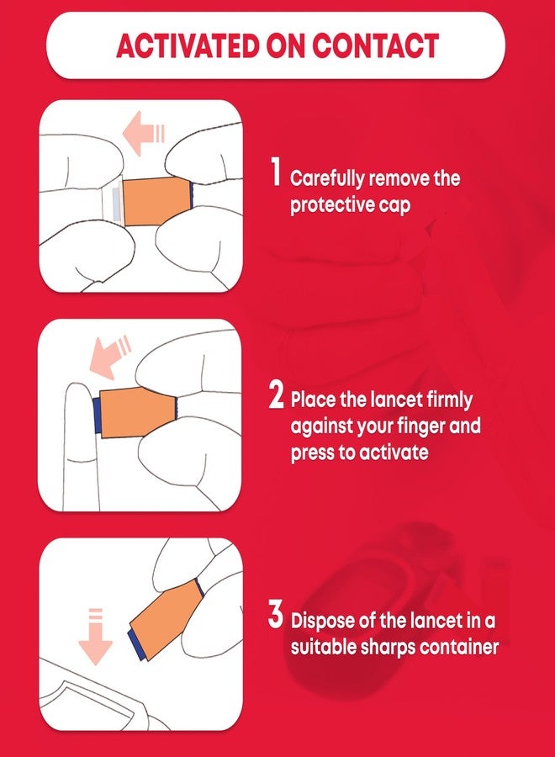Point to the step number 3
(275, 616)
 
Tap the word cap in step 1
(394, 205)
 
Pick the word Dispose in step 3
(323, 622)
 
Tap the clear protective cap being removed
(114, 204)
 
